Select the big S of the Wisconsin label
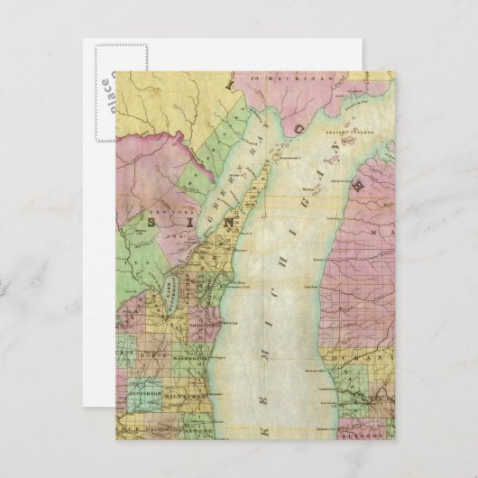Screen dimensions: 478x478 click(x=165, y=218)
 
